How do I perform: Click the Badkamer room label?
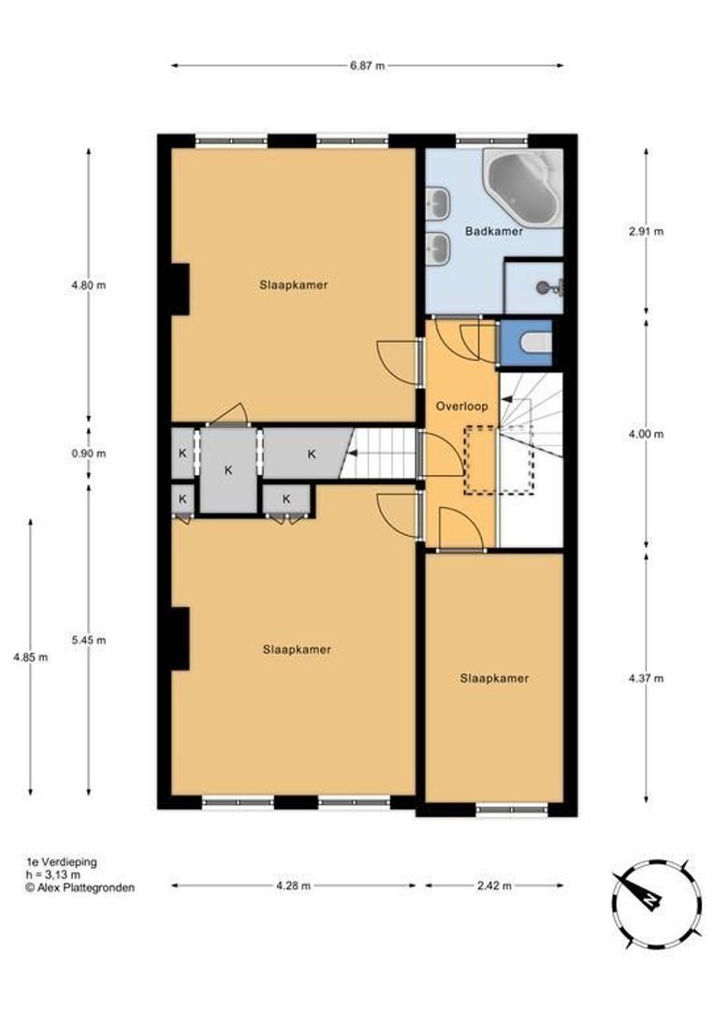click(494, 231)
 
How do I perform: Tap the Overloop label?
click(461, 407)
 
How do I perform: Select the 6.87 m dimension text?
click(368, 65)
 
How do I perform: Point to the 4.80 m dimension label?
click(88, 284)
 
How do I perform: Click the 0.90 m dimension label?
click(88, 454)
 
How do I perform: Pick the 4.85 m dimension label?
click(30, 657)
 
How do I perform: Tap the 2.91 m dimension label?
click(646, 231)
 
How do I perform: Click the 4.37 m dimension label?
click(646, 678)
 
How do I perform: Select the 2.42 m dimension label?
click(494, 886)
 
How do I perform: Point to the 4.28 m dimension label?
click(293, 886)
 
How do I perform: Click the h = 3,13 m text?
click(52, 874)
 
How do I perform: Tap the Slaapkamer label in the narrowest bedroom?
click(494, 678)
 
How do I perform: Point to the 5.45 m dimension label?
click(88, 641)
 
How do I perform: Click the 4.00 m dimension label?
click(646, 434)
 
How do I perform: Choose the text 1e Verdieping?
click(61, 862)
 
